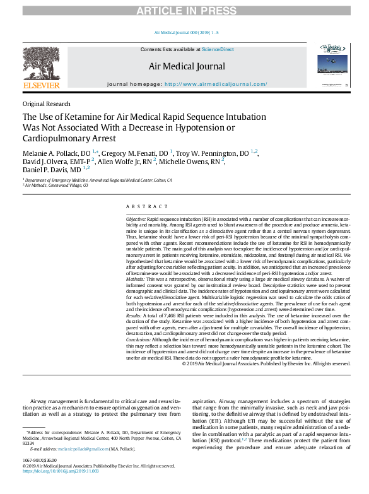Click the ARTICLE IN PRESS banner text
tap(184, 7)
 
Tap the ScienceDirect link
tap(218, 49)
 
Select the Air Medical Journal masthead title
tap(186, 66)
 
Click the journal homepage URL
tap(216, 84)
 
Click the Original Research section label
tap(46, 104)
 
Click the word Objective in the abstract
tap(136, 218)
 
